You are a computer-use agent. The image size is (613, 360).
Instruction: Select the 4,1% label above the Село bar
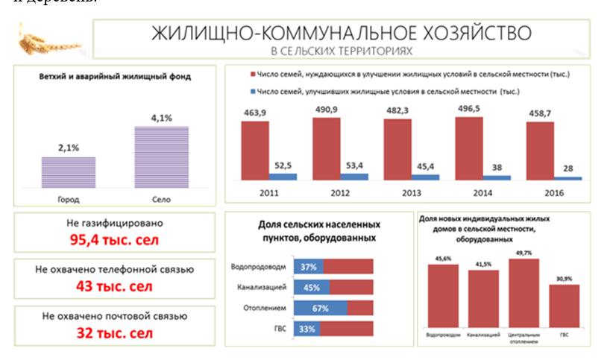[161, 117]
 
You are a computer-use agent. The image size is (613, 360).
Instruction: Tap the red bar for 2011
[255, 149]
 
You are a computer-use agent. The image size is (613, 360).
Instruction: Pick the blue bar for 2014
[497, 177]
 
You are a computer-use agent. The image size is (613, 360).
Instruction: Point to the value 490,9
[326, 109]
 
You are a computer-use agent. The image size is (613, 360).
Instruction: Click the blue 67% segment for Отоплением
[321, 307]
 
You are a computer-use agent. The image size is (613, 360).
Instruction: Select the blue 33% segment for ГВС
[307, 328]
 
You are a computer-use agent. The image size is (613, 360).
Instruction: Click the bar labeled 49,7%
[524, 292]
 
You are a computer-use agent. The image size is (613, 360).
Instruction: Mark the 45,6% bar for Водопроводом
[444, 295]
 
